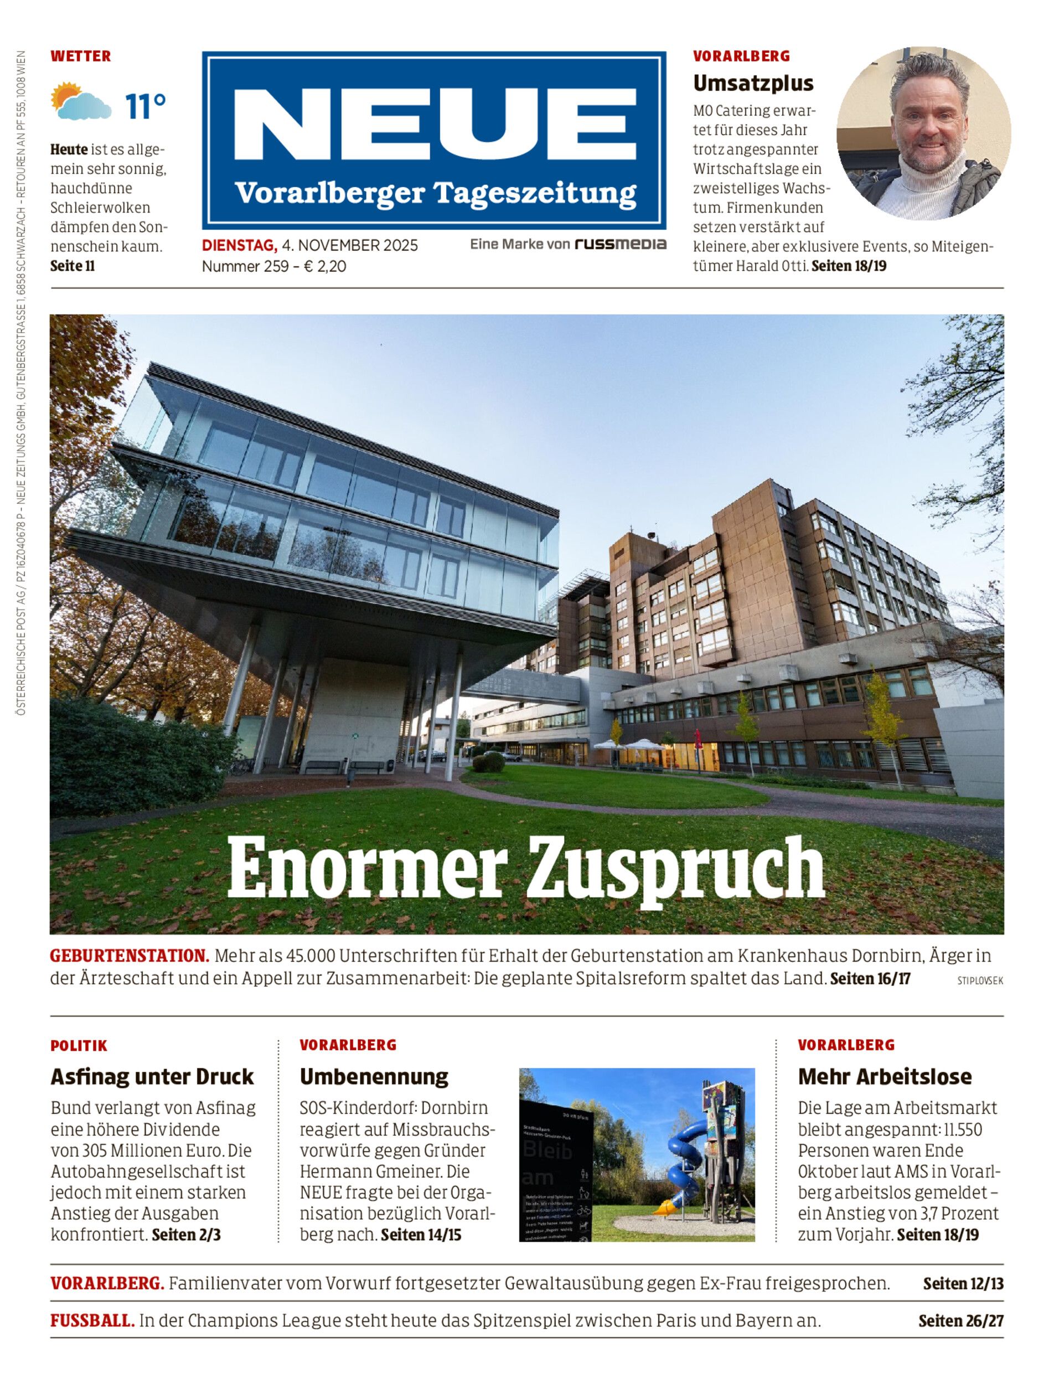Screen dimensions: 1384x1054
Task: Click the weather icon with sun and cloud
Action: click(x=81, y=101)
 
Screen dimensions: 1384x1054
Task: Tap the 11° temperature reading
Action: click(x=146, y=106)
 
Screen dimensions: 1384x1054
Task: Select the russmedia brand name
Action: click(x=620, y=244)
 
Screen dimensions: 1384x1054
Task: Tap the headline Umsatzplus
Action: click(x=753, y=84)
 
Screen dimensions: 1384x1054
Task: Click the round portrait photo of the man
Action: click(x=923, y=133)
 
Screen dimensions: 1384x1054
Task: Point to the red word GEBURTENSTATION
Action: click(x=129, y=956)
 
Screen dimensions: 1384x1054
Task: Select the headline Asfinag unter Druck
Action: click(x=152, y=1077)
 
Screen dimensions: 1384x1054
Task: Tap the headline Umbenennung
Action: click(x=374, y=1077)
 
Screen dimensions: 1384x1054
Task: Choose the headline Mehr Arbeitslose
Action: click(x=885, y=1077)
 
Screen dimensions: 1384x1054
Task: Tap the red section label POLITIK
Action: click(x=79, y=1046)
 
